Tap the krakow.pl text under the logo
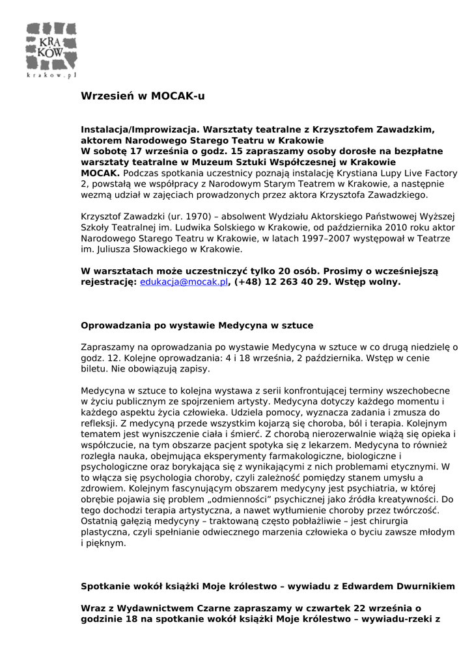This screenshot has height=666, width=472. pos(51,75)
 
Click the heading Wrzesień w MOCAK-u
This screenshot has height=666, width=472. pos(143,96)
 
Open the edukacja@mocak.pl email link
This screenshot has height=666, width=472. pos(184,282)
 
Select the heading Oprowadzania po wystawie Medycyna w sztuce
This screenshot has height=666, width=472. pos(197,325)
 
